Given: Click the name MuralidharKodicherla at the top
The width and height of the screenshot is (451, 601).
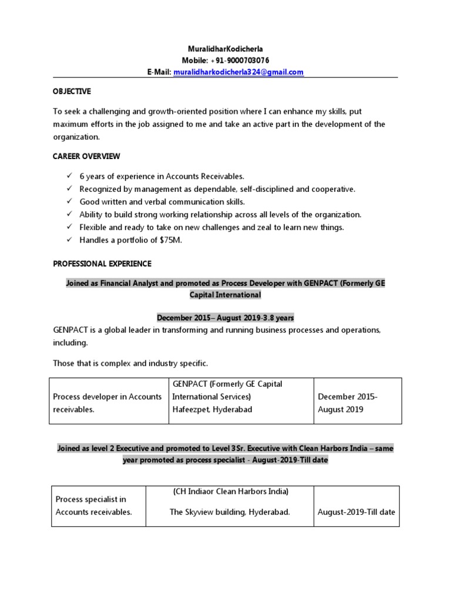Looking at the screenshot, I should point(225,49).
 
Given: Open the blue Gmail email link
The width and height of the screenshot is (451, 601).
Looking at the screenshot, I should point(238,72).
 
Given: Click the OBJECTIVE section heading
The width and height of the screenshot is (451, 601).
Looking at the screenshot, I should point(72,92).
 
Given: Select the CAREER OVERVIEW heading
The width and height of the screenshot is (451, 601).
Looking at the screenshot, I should point(86,156).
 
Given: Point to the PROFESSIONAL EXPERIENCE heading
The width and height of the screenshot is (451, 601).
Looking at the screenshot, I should point(102,264).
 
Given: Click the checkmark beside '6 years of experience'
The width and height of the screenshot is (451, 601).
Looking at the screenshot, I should point(69,176).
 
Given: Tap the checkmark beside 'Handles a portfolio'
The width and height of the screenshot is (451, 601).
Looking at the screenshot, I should point(69,239).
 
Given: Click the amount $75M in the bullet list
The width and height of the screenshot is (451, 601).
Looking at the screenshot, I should point(170,240).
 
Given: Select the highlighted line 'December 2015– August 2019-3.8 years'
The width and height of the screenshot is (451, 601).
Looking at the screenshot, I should point(225,318).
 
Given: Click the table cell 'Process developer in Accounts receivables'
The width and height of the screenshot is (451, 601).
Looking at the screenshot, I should point(107,403).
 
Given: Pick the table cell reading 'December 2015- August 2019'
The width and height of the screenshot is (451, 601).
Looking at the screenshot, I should point(348,403).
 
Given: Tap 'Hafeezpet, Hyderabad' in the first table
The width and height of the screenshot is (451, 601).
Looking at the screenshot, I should point(212,410).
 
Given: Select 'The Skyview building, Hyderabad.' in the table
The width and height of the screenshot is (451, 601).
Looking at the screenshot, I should point(230,512).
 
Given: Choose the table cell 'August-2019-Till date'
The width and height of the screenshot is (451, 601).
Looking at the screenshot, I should point(356,512).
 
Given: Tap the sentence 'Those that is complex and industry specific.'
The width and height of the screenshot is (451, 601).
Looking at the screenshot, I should point(130,363).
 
